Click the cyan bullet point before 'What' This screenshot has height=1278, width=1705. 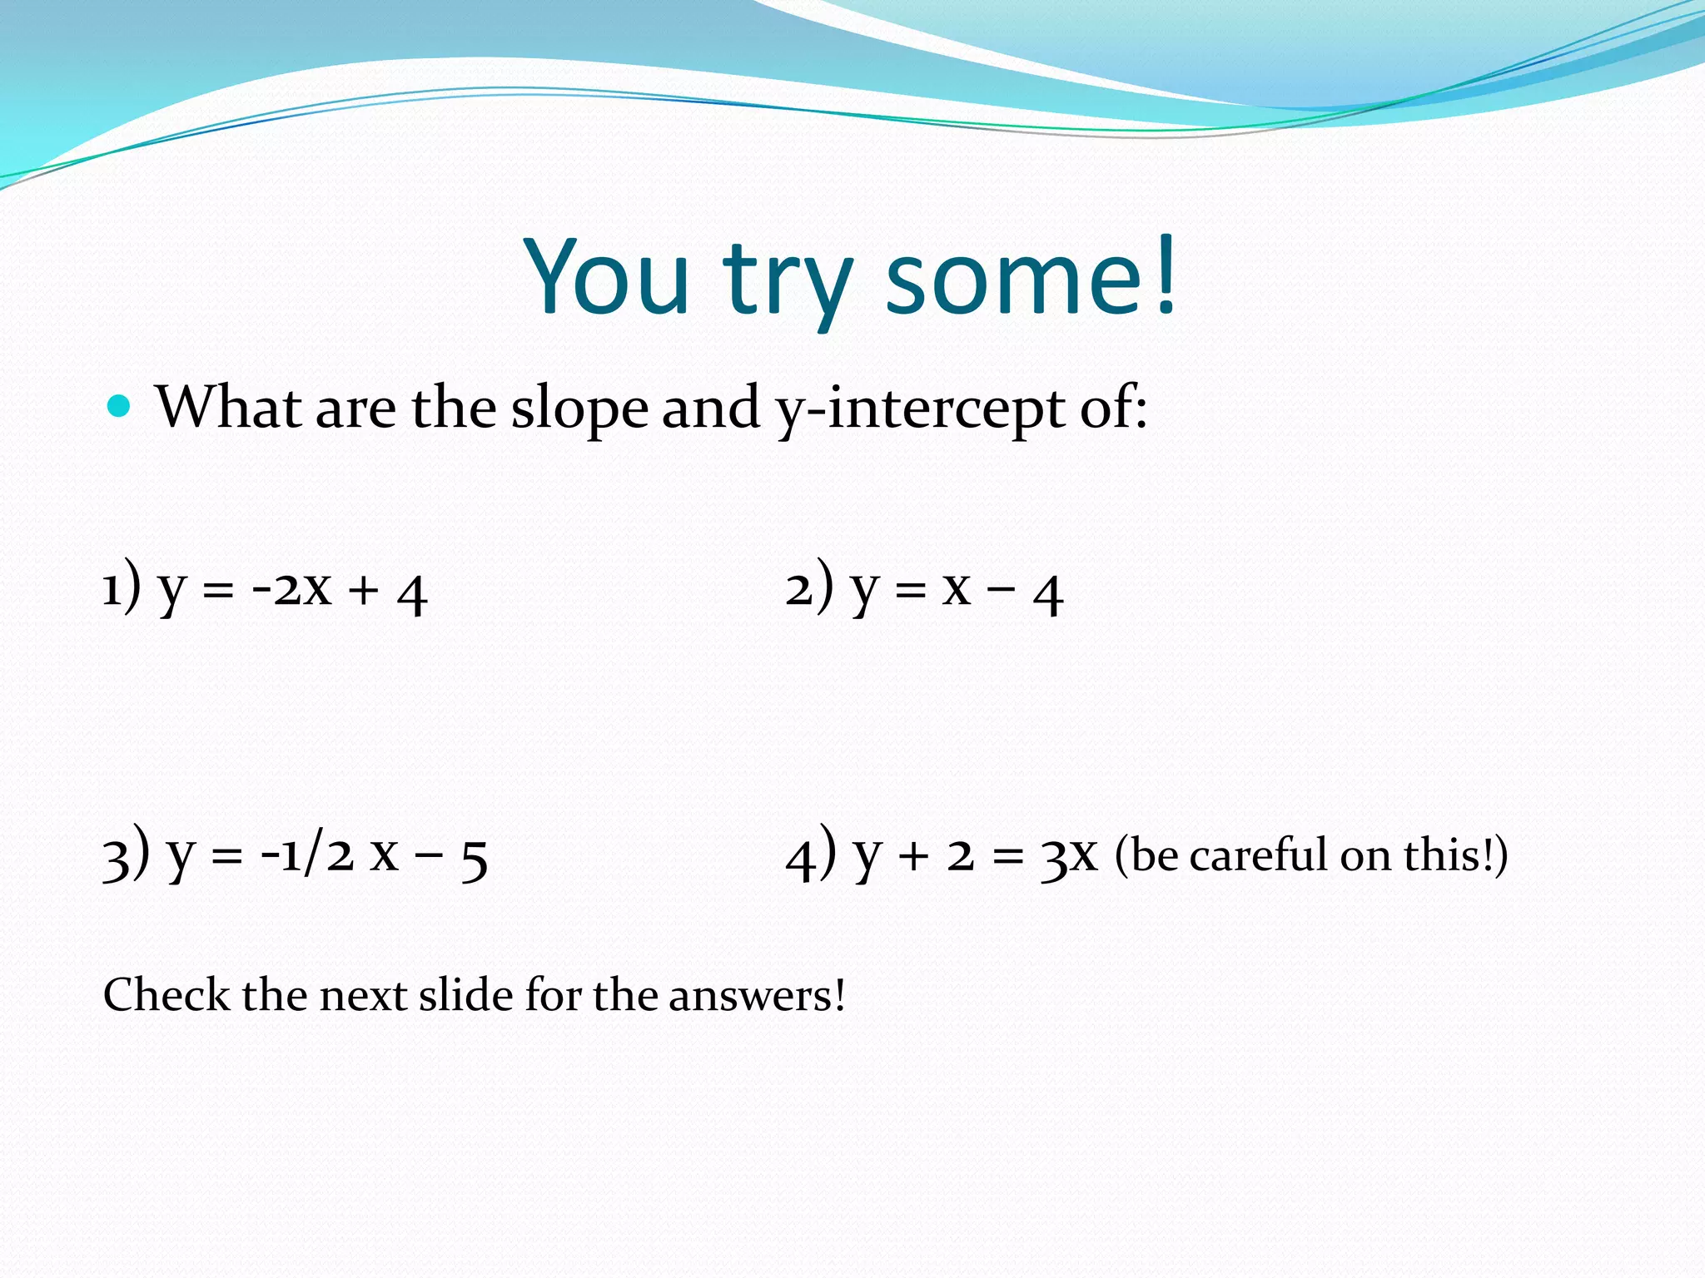click(x=120, y=406)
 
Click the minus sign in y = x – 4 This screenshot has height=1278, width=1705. click(x=1002, y=589)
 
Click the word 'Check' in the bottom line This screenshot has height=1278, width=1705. click(x=167, y=994)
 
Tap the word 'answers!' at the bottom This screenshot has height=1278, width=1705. click(x=757, y=996)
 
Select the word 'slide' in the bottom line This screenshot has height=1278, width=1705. click(x=465, y=994)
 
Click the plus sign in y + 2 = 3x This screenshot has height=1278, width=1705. click(x=913, y=857)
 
